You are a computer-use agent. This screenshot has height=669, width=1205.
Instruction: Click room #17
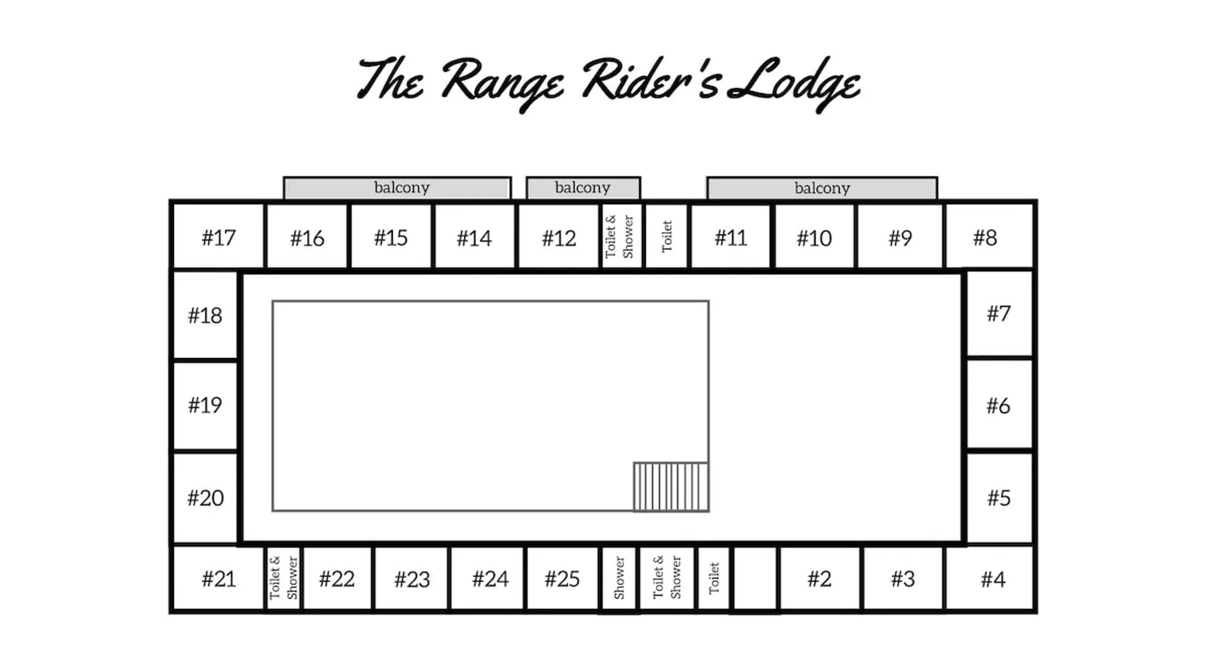click(x=218, y=237)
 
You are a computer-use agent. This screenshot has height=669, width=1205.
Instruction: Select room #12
click(x=558, y=237)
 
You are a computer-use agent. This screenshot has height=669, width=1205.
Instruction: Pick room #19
click(x=205, y=405)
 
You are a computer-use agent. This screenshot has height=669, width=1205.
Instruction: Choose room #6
click(x=998, y=405)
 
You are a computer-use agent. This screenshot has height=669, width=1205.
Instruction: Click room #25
click(x=562, y=579)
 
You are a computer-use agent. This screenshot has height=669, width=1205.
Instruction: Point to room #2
click(x=819, y=579)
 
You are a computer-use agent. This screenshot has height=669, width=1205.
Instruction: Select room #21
click(x=218, y=579)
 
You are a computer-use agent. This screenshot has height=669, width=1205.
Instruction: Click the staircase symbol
click(x=671, y=487)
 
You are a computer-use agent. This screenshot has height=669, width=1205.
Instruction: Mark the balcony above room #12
click(x=583, y=188)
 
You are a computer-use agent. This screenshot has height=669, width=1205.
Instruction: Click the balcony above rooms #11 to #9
click(x=822, y=188)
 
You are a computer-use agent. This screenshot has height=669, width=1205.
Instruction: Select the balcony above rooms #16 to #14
click(x=398, y=188)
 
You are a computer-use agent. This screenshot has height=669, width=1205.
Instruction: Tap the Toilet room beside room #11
click(x=666, y=237)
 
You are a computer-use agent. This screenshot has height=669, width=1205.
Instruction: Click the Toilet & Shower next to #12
click(x=620, y=237)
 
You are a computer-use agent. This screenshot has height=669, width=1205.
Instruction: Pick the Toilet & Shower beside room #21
click(x=283, y=578)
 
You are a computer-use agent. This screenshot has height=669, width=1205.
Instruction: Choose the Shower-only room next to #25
click(x=619, y=578)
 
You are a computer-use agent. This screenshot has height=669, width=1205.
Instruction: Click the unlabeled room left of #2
click(x=755, y=578)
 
